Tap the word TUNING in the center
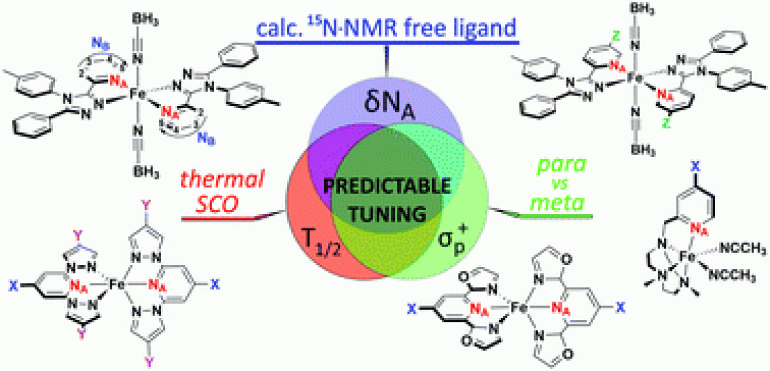[x=384, y=214]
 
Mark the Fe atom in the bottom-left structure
[x=116, y=285]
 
